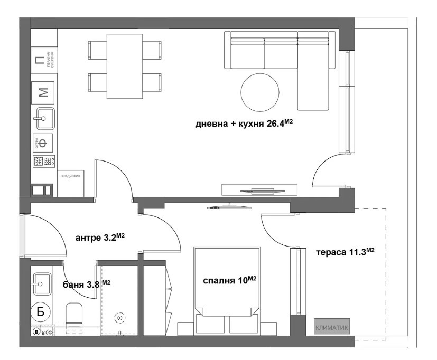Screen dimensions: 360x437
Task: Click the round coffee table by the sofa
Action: tap(259, 91)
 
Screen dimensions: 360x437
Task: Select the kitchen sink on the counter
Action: tap(45, 119)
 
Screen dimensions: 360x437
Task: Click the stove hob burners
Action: tap(44, 162)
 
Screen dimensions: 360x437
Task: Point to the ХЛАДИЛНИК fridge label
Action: tap(70, 176)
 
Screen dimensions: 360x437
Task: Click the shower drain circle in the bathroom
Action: tap(120, 318)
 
